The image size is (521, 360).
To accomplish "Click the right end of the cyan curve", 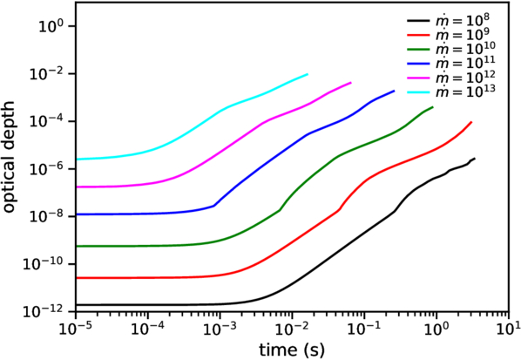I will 308,74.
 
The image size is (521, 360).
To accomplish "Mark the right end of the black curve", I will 474,159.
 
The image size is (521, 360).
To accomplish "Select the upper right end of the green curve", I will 433,107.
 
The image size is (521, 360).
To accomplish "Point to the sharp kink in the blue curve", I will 215,205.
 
